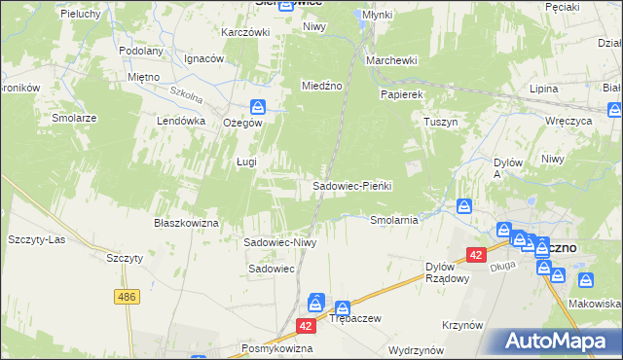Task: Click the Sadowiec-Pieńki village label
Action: [x=351, y=186]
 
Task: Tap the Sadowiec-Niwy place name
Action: [x=280, y=242]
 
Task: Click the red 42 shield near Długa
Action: [x=475, y=254]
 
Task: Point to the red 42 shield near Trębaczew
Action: [x=307, y=327]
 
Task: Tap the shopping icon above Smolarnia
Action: [x=465, y=205]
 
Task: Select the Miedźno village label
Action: [x=322, y=86]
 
